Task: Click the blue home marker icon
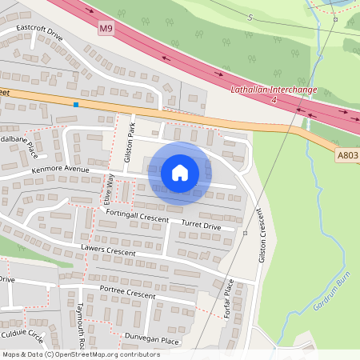180,173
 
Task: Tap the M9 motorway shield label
106,29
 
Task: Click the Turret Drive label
201,226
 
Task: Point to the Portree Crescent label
127,294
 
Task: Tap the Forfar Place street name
227,299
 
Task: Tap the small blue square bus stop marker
76,104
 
